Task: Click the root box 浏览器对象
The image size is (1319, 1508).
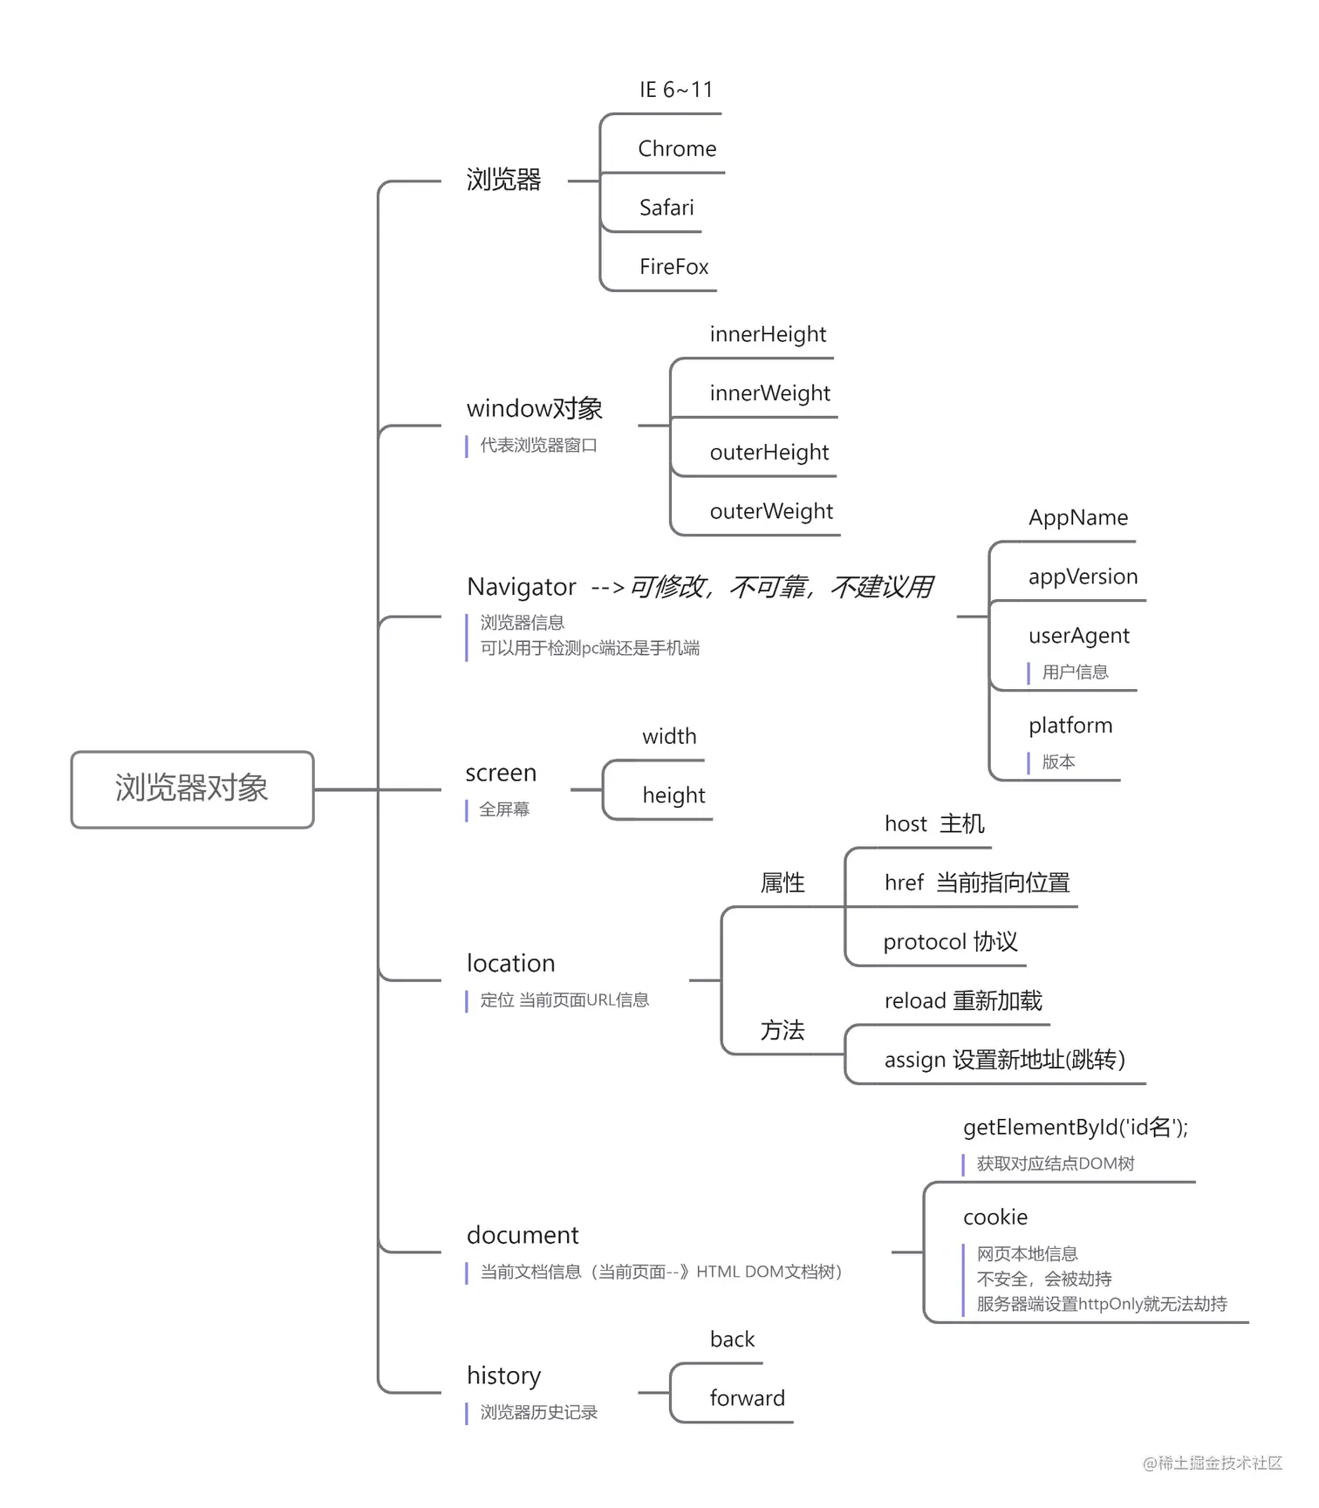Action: click(192, 788)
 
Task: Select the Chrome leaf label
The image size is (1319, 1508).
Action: click(677, 149)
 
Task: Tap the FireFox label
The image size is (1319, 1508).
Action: click(673, 267)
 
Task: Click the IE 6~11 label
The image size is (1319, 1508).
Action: click(676, 90)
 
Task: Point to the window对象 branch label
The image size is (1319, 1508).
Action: click(534, 409)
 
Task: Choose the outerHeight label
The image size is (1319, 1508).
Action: click(769, 453)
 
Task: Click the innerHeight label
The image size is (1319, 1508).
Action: click(768, 335)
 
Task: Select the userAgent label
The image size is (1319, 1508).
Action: click(1078, 636)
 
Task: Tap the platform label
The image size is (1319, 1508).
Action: click(1070, 726)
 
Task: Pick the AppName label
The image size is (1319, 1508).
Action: click(1078, 518)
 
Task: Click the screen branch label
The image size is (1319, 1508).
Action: click(501, 774)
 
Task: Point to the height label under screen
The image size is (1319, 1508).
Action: click(673, 795)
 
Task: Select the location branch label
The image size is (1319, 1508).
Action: click(510, 964)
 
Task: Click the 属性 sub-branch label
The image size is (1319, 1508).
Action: click(782, 884)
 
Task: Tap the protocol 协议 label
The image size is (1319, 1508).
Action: click(950, 942)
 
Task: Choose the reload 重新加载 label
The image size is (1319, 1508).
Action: click(963, 1001)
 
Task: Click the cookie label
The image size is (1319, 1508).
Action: click(995, 1218)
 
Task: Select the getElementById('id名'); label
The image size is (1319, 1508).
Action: click(1075, 1128)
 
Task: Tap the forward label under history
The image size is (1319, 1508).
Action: click(747, 1399)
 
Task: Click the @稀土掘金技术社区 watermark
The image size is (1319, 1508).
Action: click(1213, 1463)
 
